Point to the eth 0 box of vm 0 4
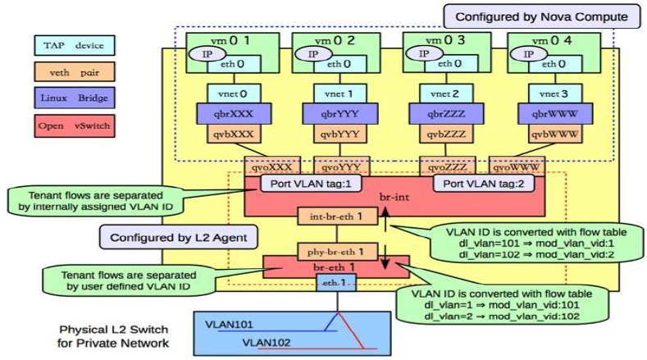[x=549, y=62]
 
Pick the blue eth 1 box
[x=333, y=283]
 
